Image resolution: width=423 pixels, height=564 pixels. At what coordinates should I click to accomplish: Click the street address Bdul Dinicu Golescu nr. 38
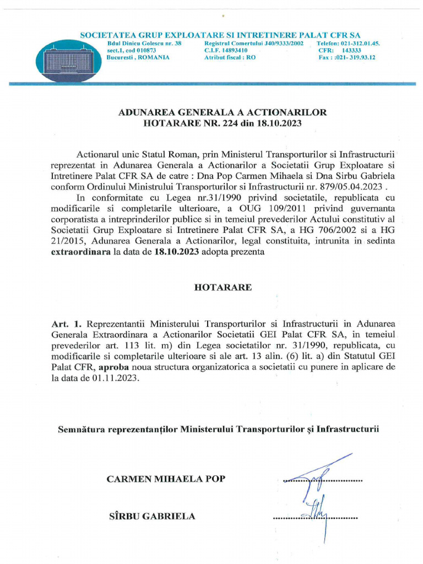(x=144, y=43)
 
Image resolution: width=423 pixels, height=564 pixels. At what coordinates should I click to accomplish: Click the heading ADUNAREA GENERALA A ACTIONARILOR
(x=223, y=112)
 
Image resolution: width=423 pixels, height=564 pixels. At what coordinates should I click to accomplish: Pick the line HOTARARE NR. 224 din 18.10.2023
(x=223, y=124)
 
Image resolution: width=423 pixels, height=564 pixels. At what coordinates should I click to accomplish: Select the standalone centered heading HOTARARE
(x=223, y=288)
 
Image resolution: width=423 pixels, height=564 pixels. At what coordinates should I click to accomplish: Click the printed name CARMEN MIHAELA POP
(x=165, y=479)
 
